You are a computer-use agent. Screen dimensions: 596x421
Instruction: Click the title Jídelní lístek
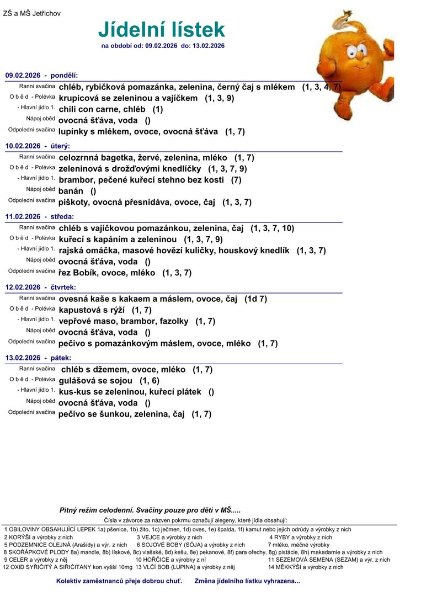(x=162, y=29)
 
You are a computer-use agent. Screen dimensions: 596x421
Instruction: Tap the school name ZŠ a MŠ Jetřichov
(x=32, y=13)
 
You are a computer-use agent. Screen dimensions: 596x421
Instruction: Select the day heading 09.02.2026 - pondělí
(x=42, y=75)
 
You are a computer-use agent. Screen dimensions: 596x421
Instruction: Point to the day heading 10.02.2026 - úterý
(x=38, y=146)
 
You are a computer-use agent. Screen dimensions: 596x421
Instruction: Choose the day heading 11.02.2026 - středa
(x=39, y=216)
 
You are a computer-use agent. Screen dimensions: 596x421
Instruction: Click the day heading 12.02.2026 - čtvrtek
(x=41, y=287)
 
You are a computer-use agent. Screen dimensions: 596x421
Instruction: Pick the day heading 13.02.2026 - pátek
(x=38, y=358)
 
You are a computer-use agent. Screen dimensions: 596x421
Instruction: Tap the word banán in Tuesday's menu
(x=71, y=191)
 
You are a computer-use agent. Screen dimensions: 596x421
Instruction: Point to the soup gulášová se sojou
(x=95, y=381)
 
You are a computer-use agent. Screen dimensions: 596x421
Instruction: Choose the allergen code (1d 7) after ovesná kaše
(x=255, y=299)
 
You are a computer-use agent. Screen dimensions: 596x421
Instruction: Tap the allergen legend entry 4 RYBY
(x=300, y=537)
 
